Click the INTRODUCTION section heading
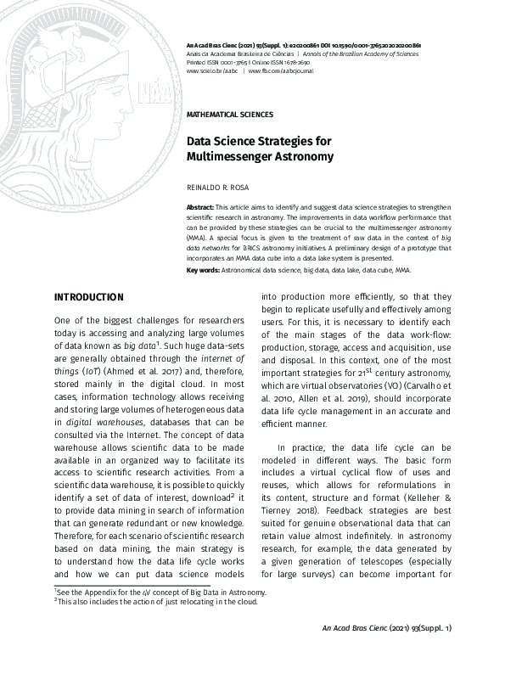(x=88, y=297)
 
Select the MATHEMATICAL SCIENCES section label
(x=229, y=114)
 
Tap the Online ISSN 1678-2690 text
(x=283, y=62)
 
